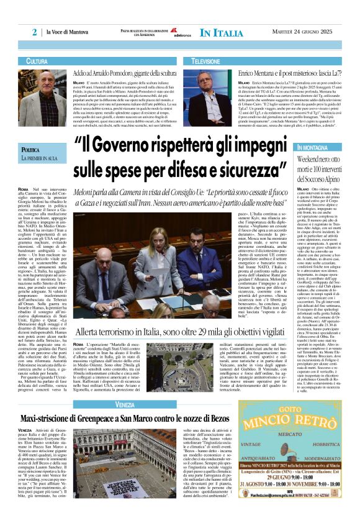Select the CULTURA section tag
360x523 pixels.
point(37,61)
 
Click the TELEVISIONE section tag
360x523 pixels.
point(205,61)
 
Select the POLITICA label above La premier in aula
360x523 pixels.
point(30,150)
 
